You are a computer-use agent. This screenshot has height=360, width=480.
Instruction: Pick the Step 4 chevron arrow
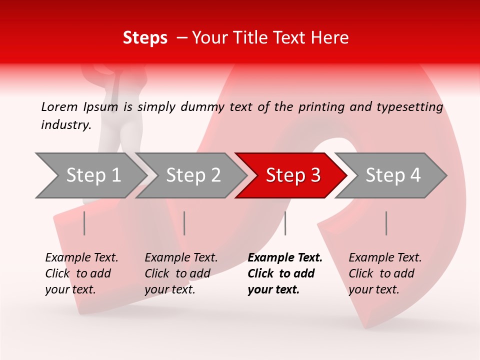[393, 175]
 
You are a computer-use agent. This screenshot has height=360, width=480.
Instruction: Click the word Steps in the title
[145, 38]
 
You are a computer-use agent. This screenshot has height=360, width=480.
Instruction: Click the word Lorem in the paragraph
[59, 106]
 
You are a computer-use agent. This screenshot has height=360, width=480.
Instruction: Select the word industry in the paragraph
[65, 124]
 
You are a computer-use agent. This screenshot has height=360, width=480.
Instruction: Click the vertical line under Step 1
[84, 223]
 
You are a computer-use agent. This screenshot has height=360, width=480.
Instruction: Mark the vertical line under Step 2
[184, 223]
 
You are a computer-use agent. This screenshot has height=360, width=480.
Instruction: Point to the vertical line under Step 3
[285, 223]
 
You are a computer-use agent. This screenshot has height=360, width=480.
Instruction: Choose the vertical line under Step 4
[386, 223]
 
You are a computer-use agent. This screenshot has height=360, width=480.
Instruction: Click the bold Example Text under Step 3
[285, 258]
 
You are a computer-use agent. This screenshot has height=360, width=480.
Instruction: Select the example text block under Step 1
[81, 273]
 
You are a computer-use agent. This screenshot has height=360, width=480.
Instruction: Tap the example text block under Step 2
[181, 273]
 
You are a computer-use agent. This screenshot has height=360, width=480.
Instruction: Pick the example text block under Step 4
[385, 273]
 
